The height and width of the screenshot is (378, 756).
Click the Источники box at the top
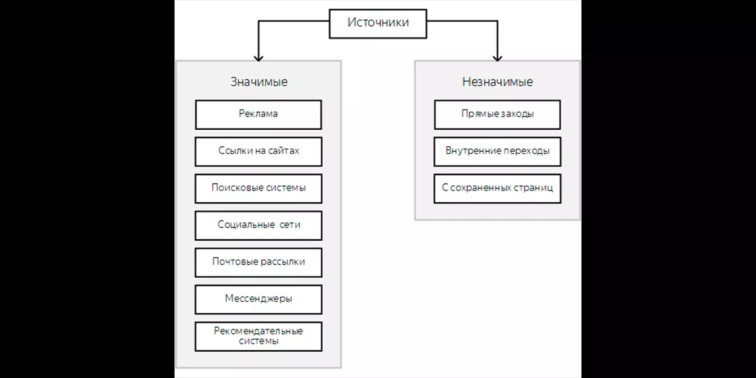pos(378,24)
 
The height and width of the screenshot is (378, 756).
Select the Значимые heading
pos(259,82)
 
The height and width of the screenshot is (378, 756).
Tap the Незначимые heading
pos(498,82)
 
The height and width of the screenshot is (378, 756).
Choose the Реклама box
pos(258,115)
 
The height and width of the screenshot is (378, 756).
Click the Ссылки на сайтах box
pos(258,152)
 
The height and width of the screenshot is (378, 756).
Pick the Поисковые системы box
pos(258,188)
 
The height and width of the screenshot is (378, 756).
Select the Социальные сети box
pos(258,226)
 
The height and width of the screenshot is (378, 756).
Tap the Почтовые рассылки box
pos(258,263)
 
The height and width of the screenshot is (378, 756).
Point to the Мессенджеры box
pos(258,299)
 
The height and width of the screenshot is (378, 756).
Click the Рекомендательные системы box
pos(258,336)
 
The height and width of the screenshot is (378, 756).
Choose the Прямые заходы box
pos(498,115)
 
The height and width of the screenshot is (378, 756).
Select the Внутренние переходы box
pos(498,152)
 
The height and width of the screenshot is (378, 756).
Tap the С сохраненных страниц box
pos(498,188)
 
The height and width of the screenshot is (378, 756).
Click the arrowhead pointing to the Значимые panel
pos(258,57)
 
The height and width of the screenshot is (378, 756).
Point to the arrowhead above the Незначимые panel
pos(498,57)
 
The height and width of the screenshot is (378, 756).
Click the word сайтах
pos(283,151)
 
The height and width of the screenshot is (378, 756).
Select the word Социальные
pos(246,224)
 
